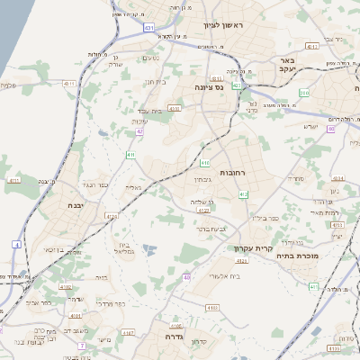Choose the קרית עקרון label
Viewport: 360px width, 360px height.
pyautogui.click(x=256, y=247)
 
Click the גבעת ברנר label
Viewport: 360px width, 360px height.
pyautogui.click(x=211, y=229)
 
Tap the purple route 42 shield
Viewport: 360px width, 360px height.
pyautogui.click(x=140, y=132)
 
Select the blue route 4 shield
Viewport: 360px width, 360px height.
pyautogui.click(x=17, y=243)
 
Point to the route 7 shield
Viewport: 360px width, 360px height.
pyautogui.click(x=81, y=345)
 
